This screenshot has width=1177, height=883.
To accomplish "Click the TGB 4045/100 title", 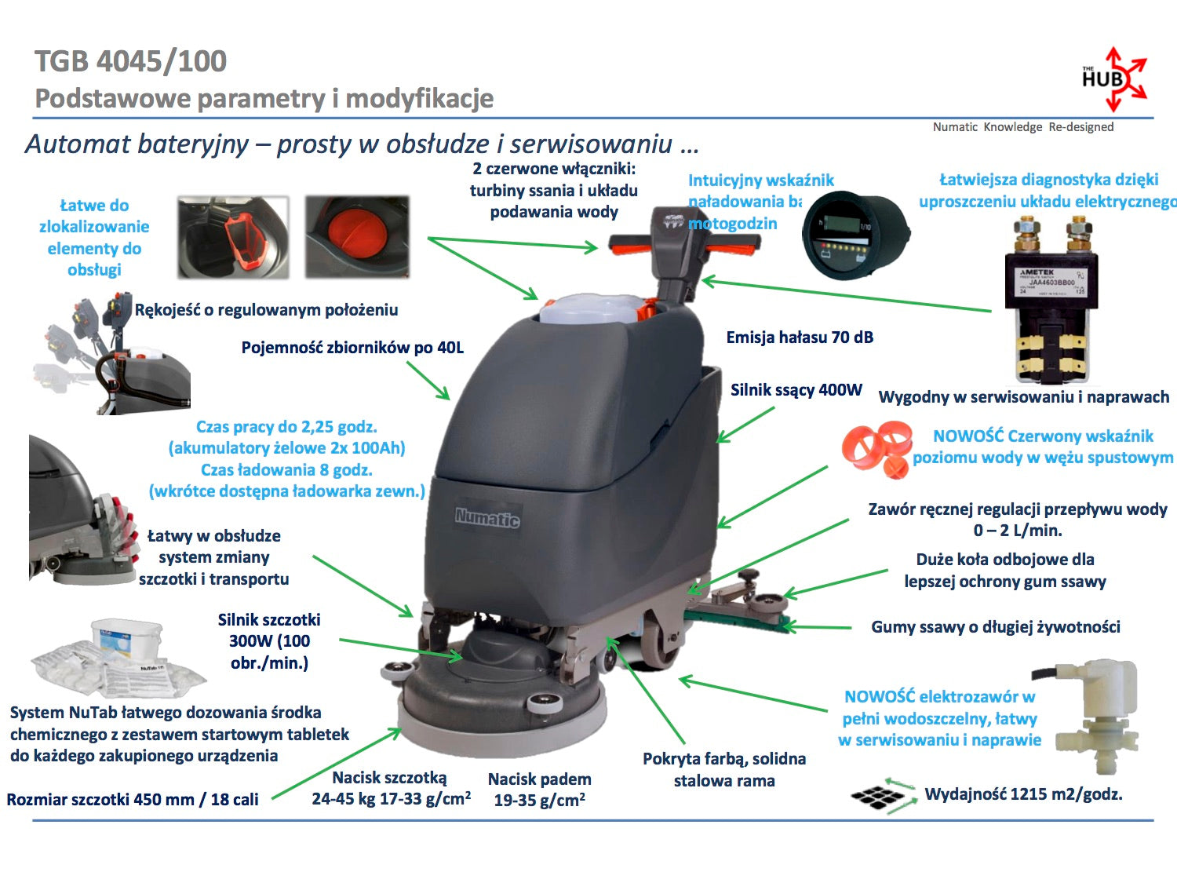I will pyautogui.click(x=131, y=61).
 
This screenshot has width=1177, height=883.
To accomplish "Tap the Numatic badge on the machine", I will pyautogui.click(x=487, y=517).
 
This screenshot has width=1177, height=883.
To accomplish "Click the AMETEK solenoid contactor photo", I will pyautogui.click(x=1048, y=302).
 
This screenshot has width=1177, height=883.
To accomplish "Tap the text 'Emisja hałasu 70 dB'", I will pyautogui.click(x=800, y=338).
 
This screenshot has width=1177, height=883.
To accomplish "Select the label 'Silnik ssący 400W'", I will pyautogui.click(x=796, y=390).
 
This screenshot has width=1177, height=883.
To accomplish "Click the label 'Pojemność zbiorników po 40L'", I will pyautogui.click(x=352, y=348).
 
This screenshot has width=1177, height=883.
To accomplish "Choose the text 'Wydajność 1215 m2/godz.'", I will pyautogui.click(x=1023, y=794).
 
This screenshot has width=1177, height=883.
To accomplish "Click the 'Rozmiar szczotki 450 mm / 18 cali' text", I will pyautogui.click(x=133, y=800).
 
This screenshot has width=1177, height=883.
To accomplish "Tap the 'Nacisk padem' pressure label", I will pyautogui.click(x=539, y=790).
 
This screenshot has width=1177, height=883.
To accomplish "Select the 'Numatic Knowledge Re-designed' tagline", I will pyautogui.click(x=1022, y=127).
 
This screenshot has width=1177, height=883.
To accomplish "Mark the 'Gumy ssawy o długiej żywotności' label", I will pyautogui.click(x=995, y=627).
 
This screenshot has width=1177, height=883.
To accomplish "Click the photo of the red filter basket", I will pyautogui.click(x=233, y=238).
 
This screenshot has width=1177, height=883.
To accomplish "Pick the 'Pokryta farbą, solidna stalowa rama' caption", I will pyautogui.click(x=724, y=770).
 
